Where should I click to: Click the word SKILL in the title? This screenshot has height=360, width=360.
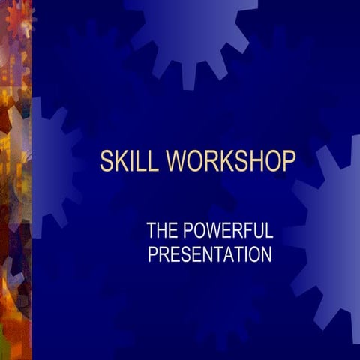pos(130,161)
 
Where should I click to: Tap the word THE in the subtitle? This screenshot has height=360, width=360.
pos(162,230)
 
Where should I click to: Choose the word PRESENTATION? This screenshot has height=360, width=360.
pos(209,255)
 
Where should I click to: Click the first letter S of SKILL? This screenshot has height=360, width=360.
pos(106,161)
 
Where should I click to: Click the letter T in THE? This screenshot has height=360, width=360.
pos(151,230)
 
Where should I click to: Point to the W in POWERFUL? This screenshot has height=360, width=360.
pos(213,230)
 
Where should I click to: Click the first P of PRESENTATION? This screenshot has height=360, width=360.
pos(152,255)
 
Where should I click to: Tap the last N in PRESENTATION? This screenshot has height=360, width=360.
pos(265,255)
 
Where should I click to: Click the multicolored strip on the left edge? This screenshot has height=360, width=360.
pos(15,180)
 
